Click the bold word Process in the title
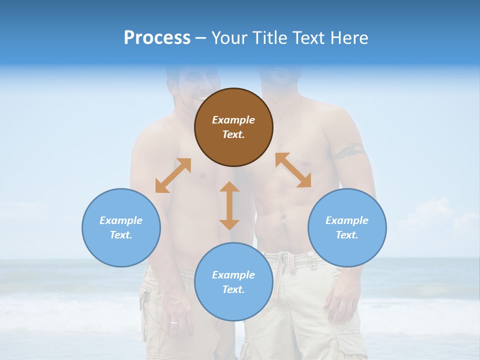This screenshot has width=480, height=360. tap(157, 37)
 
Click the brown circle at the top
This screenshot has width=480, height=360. tap(233, 127)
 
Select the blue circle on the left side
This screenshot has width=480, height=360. tap(121, 227)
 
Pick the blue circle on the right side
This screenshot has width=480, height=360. tap(347, 227)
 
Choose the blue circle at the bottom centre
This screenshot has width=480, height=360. tap(233, 282)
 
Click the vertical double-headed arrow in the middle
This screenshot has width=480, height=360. tap(229, 205)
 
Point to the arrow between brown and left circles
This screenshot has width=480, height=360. tap(173, 175)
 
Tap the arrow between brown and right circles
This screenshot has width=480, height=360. tap(293, 170)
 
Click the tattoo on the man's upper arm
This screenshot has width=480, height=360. tap(349, 150)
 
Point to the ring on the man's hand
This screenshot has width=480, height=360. tap(173, 322)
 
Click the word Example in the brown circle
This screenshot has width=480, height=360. tap(233, 120)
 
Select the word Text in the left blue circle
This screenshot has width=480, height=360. tap(121, 235)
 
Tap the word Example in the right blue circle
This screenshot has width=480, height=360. tap(347, 220)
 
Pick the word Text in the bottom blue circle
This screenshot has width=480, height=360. tap(233, 289)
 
